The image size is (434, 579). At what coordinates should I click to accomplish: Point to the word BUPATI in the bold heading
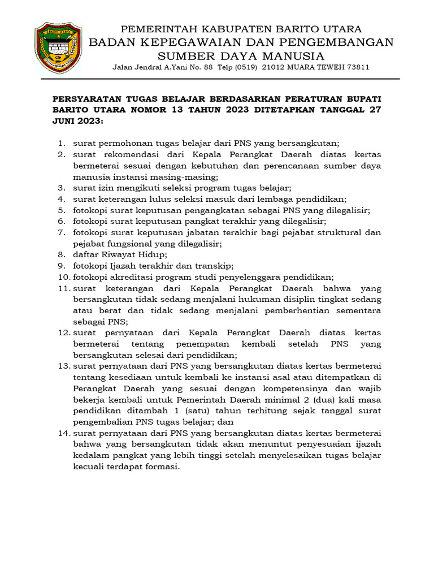(362, 97)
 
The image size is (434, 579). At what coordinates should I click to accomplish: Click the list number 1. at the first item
(63, 144)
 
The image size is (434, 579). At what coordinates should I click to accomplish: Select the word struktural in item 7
(329, 232)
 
